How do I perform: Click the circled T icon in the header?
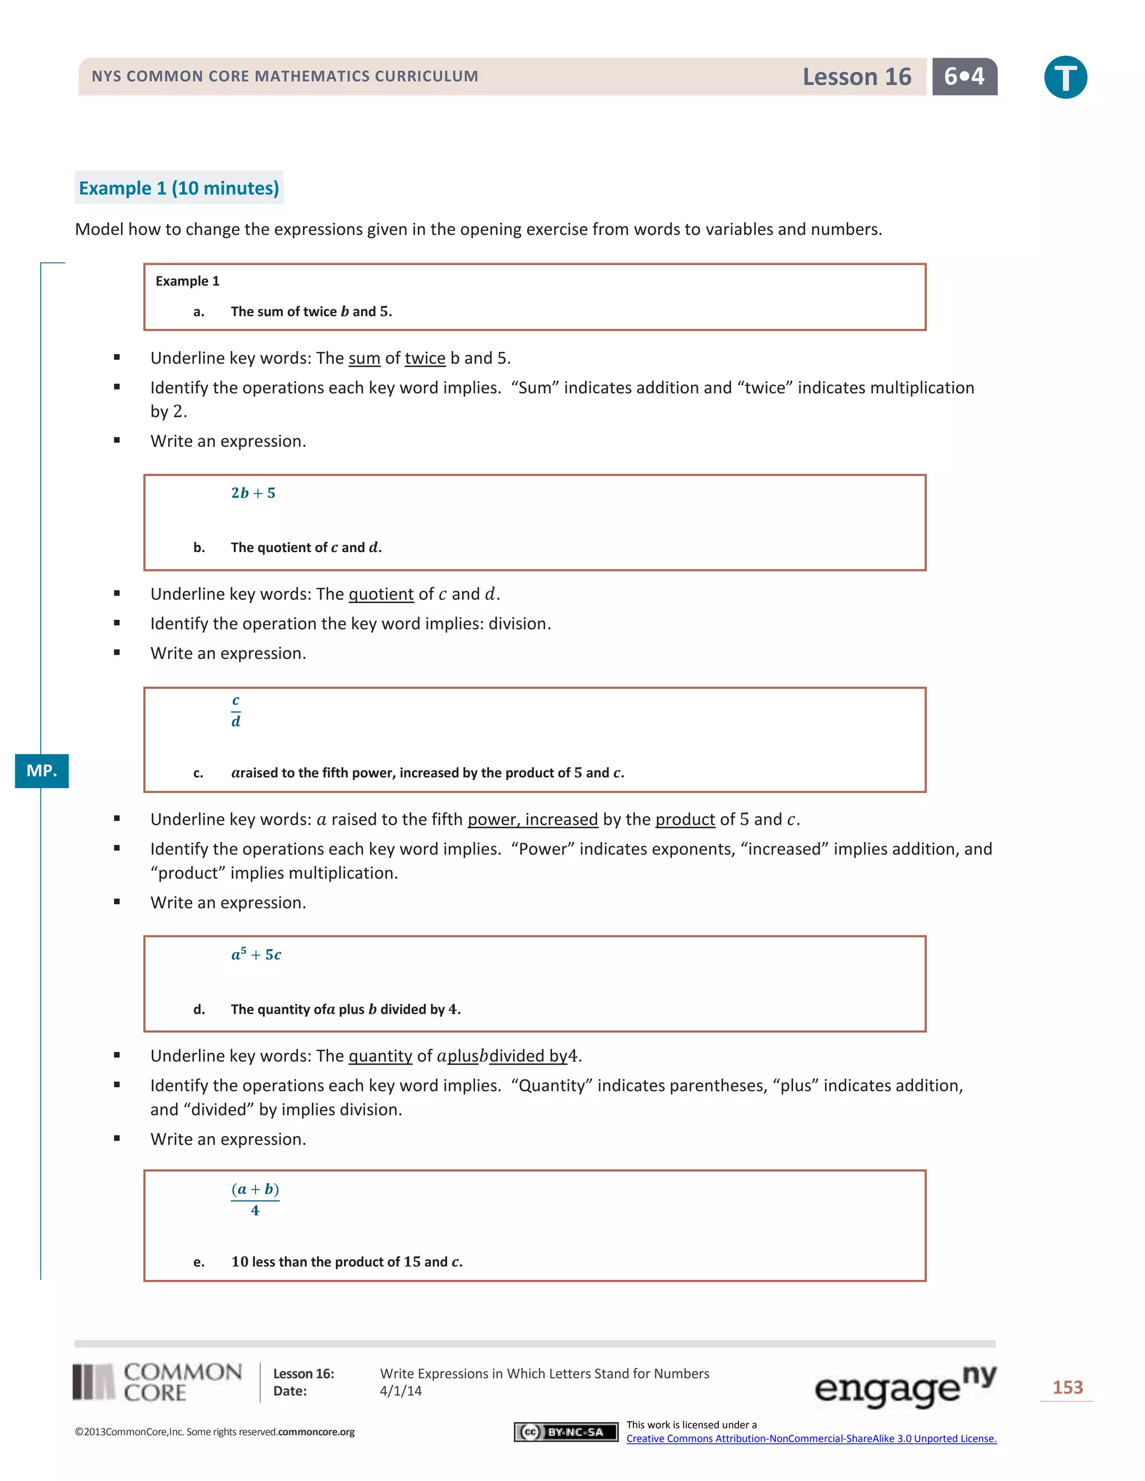coord(1065,77)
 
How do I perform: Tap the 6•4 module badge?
coord(964,77)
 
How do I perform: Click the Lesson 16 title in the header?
coord(856,77)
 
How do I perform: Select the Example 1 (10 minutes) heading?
coord(179,188)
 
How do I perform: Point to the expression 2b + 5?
coord(253,493)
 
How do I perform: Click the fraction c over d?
coord(235,711)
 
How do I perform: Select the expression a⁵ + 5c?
coord(256,954)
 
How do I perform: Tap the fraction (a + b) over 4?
coord(255,1199)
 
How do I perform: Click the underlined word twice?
coord(425,358)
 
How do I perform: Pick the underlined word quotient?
coord(381,594)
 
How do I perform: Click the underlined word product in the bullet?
coord(685,819)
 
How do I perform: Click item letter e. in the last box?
coord(198,1262)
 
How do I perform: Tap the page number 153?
coord(1067,1388)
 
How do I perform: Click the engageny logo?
coord(905,1386)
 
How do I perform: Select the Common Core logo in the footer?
coord(157,1382)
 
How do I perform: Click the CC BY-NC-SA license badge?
coord(566,1431)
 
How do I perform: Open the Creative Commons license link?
coord(811,1439)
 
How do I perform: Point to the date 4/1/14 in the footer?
coord(401,1391)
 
